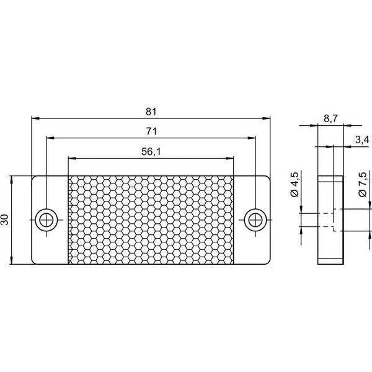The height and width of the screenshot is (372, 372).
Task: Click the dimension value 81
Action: tap(151, 112)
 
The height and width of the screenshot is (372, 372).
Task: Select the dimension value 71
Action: tap(151, 131)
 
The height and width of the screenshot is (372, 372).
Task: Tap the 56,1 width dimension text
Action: tap(151, 152)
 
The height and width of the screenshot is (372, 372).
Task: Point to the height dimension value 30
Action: tap(5, 219)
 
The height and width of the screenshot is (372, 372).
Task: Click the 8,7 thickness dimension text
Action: tap(330, 118)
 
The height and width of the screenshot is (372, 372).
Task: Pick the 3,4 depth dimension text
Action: tap(362, 140)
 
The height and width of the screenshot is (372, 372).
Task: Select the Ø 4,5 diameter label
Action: tap(294, 184)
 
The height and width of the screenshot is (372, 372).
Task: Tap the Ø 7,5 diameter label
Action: tap(363, 184)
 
